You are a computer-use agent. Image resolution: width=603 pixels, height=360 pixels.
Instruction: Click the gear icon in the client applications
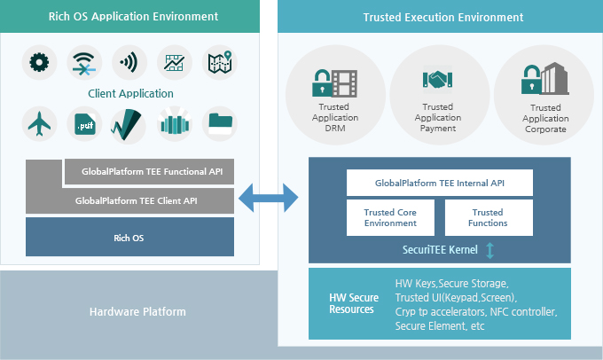38,64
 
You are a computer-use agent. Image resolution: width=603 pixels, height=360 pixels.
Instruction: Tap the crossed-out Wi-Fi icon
86,64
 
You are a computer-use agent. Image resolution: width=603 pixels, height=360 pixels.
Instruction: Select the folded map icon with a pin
221,64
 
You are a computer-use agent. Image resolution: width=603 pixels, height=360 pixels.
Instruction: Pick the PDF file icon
85,125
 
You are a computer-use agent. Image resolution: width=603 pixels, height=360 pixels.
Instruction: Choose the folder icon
220,125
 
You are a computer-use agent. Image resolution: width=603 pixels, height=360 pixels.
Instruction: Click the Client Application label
130,93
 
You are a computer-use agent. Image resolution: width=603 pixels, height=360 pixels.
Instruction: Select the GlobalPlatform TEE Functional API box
151,171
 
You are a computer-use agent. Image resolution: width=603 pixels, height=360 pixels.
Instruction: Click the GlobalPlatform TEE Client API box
129,200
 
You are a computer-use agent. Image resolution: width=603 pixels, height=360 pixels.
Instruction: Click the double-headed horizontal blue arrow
270,200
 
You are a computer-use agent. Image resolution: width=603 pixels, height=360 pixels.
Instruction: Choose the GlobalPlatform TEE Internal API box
440,183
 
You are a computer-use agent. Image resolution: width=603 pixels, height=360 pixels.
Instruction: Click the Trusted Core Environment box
390,218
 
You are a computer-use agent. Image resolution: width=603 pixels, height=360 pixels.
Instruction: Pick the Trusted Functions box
488,218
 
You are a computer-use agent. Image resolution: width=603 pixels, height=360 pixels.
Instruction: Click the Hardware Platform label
138,312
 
